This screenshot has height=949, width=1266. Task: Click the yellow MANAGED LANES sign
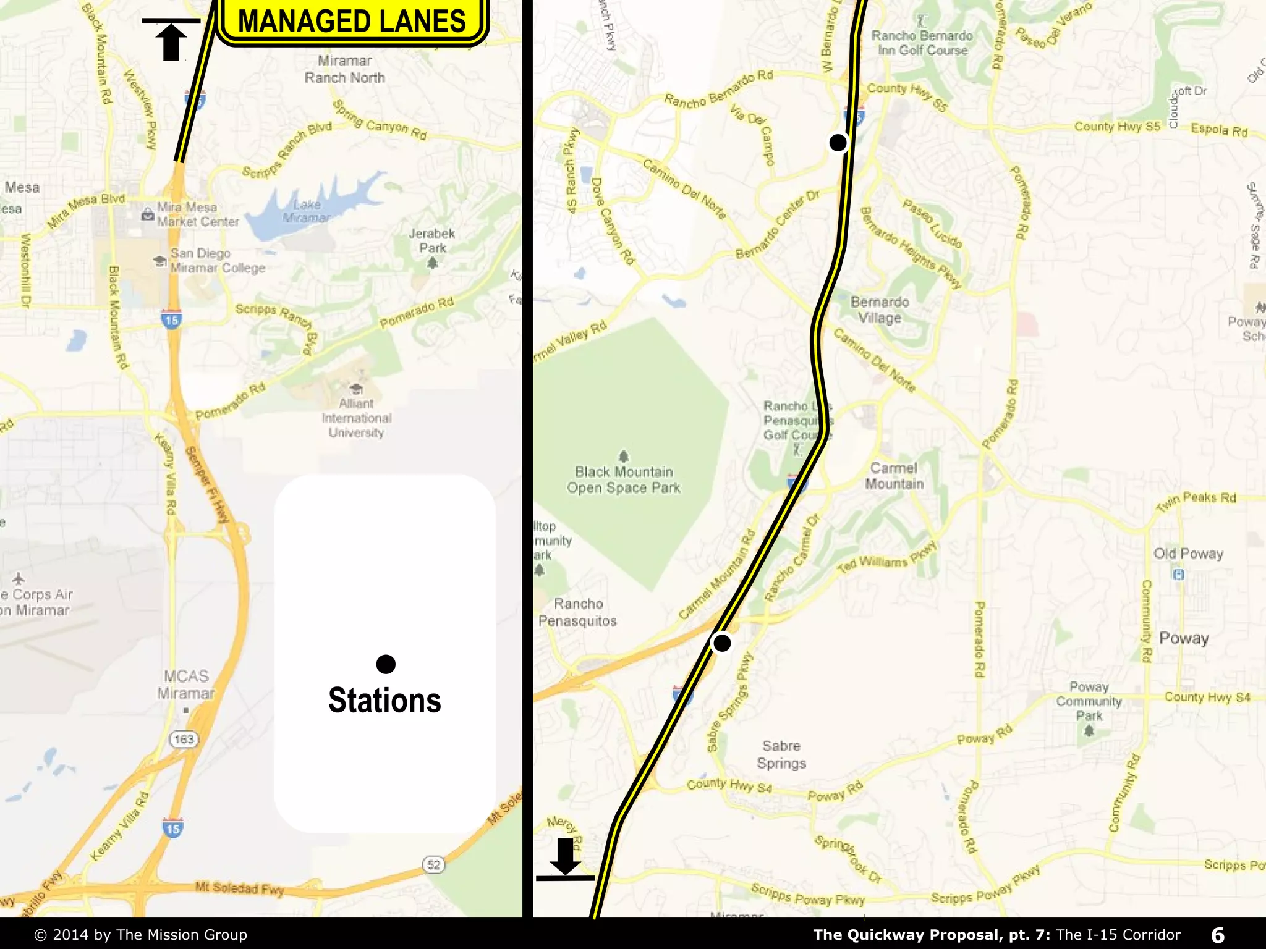coord(352,21)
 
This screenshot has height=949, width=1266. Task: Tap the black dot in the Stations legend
coord(386,664)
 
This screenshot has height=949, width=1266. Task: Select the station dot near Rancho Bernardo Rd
coord(838,143)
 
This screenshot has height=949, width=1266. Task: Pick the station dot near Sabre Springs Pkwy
coord(721,643)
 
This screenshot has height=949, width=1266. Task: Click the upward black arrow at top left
coord(171,40)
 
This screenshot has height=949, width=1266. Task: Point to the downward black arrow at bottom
coord(565,856)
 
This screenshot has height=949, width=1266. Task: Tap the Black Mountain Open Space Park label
coord(624,479)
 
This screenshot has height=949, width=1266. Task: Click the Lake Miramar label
coord(307,211)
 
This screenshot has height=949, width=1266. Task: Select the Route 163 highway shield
coord(184,739)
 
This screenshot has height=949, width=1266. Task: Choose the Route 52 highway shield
coord(434,864)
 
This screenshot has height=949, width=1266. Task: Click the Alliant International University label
coord(357,418)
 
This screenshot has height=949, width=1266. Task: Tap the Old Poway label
coord(1188,554)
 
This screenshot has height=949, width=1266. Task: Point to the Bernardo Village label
coord(880,310)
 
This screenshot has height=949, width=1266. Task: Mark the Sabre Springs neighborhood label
coord(781,754)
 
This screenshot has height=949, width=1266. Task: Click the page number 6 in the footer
coord(1218,935)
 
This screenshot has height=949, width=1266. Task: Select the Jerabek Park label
coord(432,240)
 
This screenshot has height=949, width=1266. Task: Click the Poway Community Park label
coord(1089,701)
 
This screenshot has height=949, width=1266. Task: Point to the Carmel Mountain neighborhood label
coord(894,476)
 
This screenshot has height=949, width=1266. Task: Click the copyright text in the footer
coord(141,935)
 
